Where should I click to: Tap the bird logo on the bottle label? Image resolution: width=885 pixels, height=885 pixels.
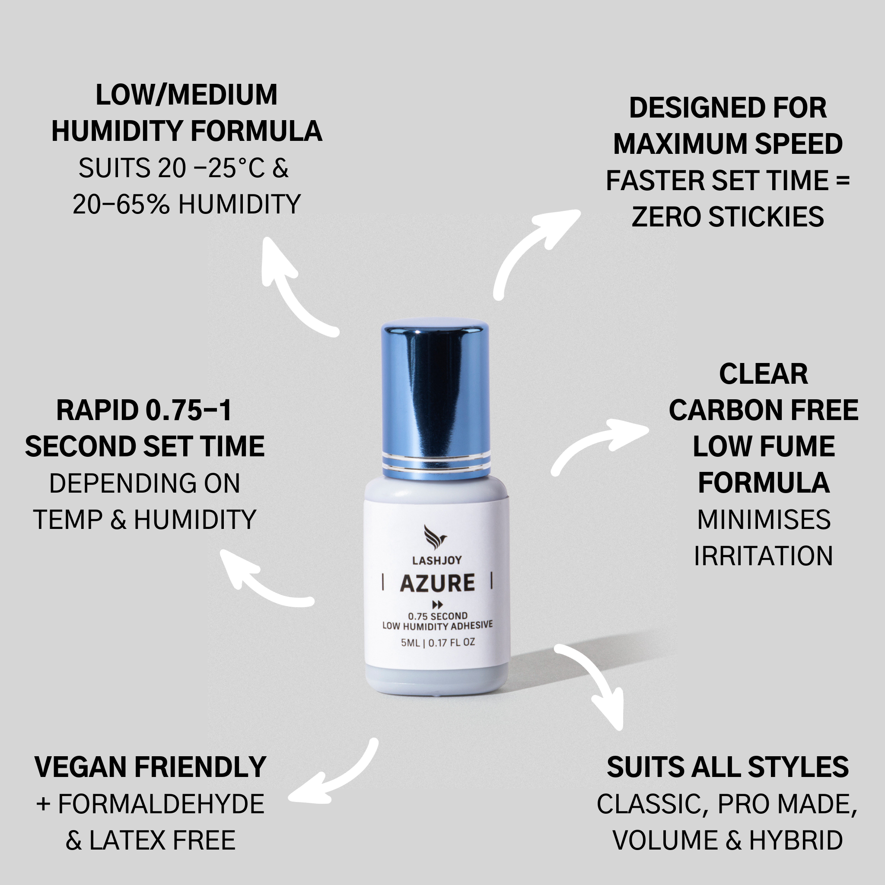point(435,537)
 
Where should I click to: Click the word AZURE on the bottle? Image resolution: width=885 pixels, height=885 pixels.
point(437,583)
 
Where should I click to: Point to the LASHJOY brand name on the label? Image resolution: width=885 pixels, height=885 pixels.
point(437,560)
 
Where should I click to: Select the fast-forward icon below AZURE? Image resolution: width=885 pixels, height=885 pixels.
point(437,605)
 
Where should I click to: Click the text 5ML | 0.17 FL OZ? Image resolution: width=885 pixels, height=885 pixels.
point(438,643)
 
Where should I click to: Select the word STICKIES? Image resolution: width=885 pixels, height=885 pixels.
point(766,216)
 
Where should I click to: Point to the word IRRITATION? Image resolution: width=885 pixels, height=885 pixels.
point(763,556)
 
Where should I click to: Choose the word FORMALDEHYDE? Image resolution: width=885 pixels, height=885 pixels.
point(161,804)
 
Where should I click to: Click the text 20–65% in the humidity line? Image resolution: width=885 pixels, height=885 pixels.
point(121,204)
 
